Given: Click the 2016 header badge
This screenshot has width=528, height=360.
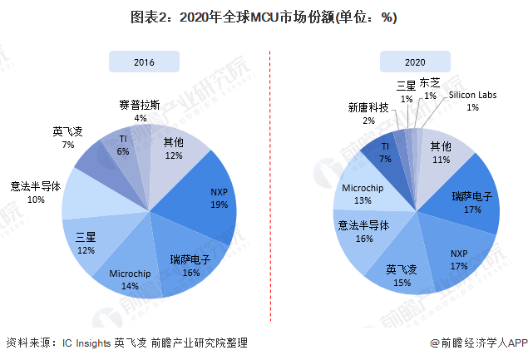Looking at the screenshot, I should tap(144, 61).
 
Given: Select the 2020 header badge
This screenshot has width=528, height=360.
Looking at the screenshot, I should tap(414, 61).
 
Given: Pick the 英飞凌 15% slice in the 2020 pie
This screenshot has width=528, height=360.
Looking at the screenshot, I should tap(403, 275).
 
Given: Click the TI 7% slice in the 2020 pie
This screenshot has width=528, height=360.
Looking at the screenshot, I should tap(385, 152).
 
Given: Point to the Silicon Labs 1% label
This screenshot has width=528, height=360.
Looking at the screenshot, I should tap(471, 101).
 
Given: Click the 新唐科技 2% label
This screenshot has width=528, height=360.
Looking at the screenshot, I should tap(368, 114).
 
